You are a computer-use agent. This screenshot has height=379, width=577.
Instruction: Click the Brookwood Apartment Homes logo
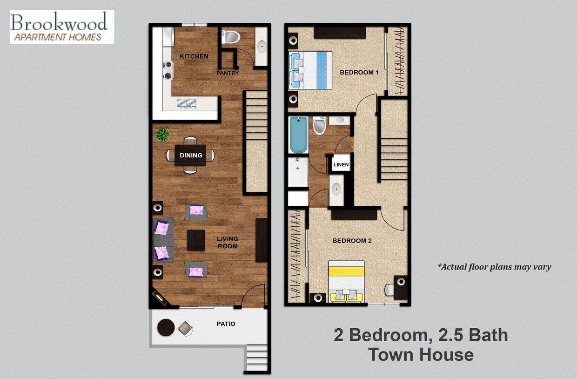pos(61,27)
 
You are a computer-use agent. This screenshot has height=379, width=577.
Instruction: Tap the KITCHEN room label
pos(194,56)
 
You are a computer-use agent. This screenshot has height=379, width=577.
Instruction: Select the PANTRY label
pos(228,73)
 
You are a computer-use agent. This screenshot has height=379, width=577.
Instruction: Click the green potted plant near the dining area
pos(162,135)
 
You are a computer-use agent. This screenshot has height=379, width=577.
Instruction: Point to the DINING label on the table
pos(191,156)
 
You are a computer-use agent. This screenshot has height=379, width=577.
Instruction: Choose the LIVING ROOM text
pos(228,242)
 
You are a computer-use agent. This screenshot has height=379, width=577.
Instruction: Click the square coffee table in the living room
pos(196,240)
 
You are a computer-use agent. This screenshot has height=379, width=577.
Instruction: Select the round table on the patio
pos(166,328)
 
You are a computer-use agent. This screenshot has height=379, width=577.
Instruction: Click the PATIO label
pos(226,324)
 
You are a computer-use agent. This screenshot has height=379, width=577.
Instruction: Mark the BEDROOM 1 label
pos(359,72)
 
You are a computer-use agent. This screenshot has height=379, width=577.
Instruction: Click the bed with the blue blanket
pos(310,70)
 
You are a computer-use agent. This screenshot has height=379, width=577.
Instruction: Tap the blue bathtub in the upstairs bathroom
pos(298,135)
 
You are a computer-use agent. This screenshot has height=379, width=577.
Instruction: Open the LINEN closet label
pos(341,165)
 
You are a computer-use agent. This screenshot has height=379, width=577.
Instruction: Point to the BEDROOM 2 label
pos(352,241)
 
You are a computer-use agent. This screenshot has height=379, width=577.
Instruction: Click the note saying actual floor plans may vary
pos(494,267)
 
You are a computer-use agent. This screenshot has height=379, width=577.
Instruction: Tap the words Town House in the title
pos(421,354)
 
